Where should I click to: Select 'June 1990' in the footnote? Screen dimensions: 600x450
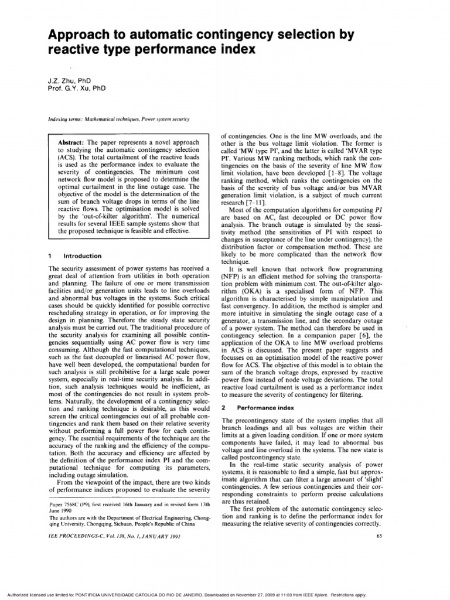click(59, 510)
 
